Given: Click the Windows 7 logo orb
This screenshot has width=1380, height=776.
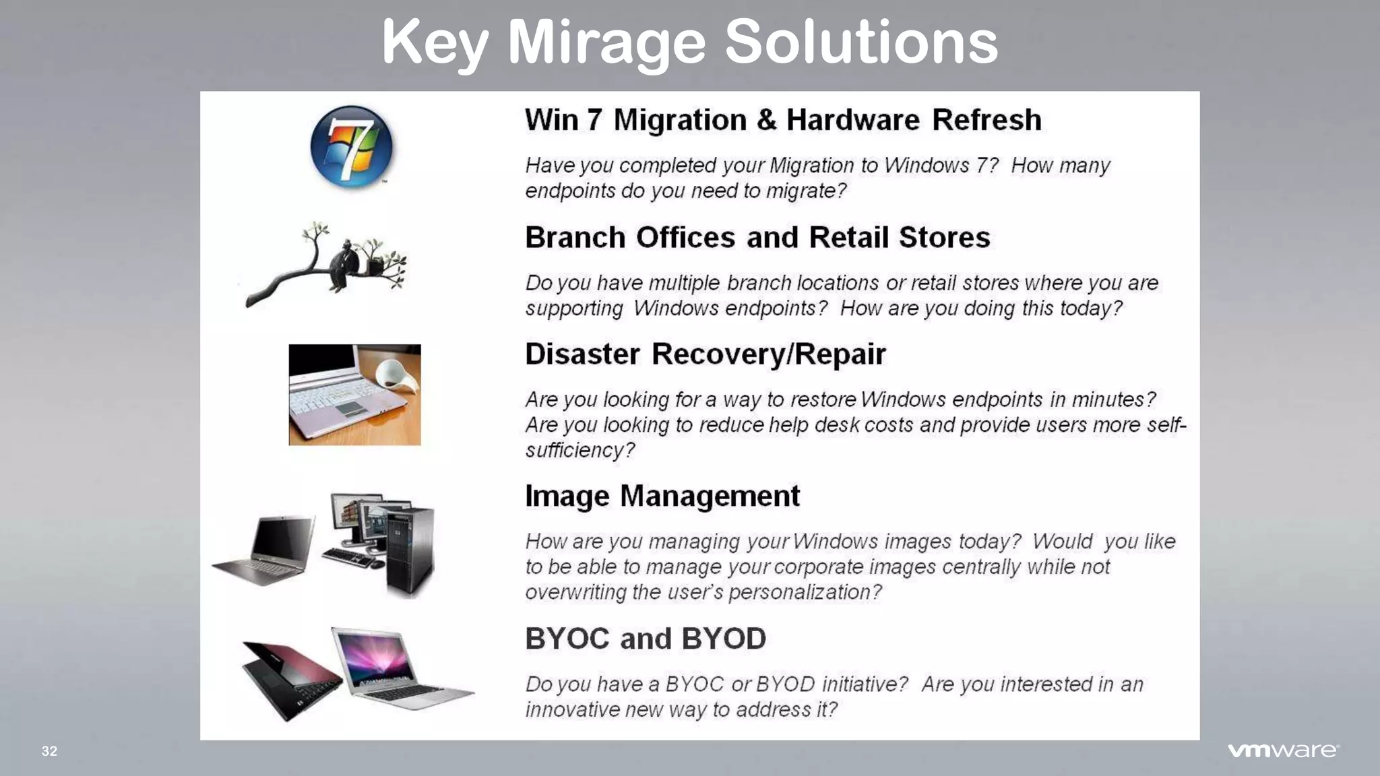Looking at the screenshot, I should (x=351, y=147).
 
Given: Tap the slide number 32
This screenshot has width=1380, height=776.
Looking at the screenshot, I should (x=50, y=751).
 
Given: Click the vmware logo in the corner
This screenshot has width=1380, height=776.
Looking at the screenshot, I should (x=1283, y=750).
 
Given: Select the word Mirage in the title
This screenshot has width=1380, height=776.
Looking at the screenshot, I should (x=606, y=42).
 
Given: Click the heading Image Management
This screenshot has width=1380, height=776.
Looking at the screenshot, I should (x=662, y=496).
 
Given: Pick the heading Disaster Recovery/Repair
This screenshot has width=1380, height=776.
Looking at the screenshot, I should (x=705, y=354).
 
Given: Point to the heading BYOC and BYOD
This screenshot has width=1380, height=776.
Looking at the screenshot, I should (x=646, y=639).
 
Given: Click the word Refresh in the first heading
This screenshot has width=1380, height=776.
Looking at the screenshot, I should (x=986, y=120).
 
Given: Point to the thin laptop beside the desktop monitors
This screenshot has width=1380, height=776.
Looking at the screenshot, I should (x=266, y=549).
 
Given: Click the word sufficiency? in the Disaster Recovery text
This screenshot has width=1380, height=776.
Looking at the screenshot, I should (x=579, y=450).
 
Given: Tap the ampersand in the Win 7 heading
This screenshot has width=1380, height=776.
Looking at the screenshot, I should (x=766, y=120).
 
